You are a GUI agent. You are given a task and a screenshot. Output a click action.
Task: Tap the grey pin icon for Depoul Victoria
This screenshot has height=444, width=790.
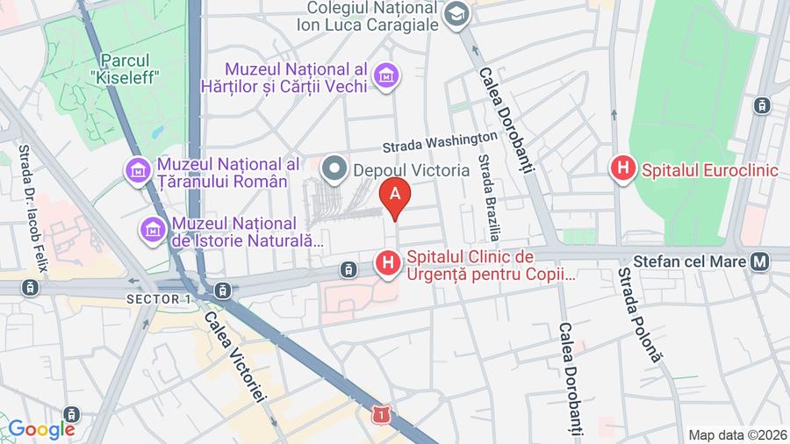(334, 168)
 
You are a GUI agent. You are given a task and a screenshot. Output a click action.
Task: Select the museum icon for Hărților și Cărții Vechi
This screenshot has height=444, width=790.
(385, 76)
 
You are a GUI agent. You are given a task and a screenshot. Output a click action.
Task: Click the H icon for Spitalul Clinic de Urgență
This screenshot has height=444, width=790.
(387, 261)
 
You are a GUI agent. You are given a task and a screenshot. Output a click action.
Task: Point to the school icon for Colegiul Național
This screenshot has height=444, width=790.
(456, 14)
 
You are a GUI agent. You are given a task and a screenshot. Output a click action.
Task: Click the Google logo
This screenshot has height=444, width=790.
(40, 429)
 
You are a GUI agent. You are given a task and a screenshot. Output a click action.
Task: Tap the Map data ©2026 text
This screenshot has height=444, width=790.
(736, 435)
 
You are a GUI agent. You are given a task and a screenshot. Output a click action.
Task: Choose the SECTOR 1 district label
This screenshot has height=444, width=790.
(159, 299)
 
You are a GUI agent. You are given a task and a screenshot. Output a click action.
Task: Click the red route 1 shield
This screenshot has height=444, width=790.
(380, 412)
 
